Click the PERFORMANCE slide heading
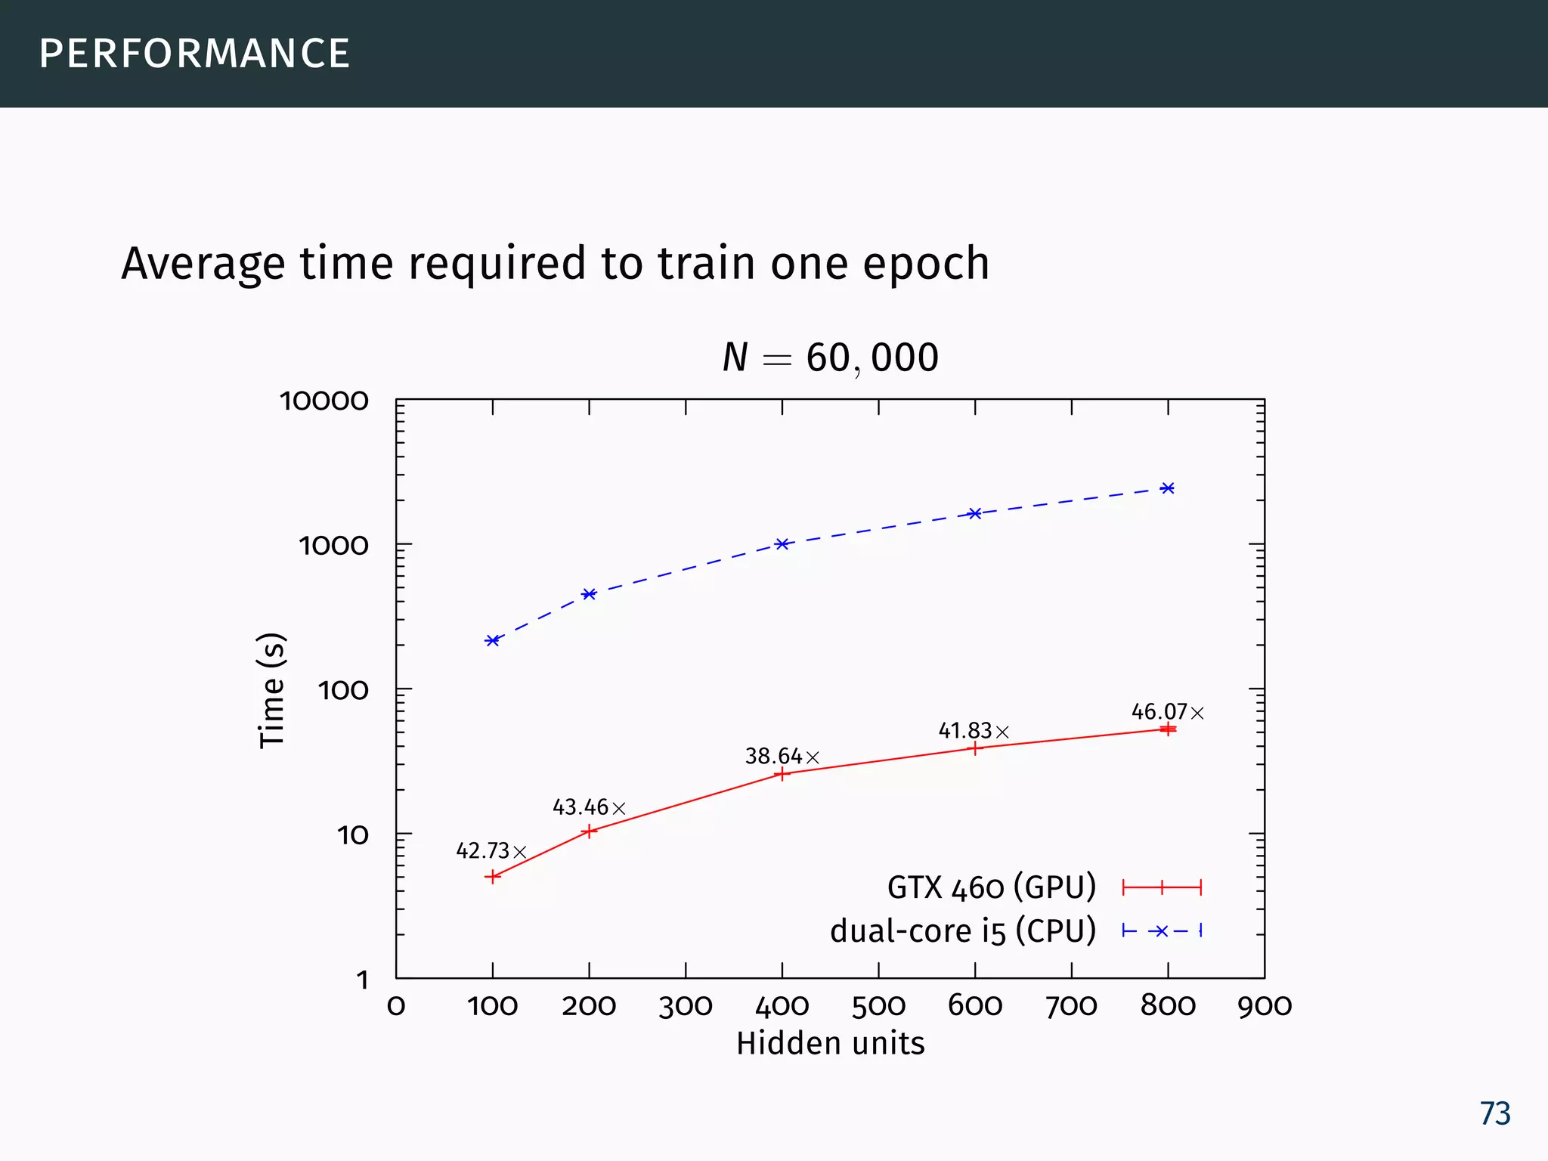pyautogui.click(x=194, y=54)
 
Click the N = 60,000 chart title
pyautogui.click(x=830, y=358)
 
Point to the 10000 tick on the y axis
pyautogui.click(x=324, y=401)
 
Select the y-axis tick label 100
pyautogui.click(x=343, y=691)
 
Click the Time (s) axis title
pyautogui.click(x=272, y=690)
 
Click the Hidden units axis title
pyautogui.click(x=830, y=1044)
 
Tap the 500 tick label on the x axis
pyautogui.click(x=878, y=1006)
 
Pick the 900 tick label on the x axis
pyautogui.click(x=1264, y=1006)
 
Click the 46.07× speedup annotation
pyautogui.click(x=1167, y=712)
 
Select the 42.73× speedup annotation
pyautogui.click(x=491, y=851)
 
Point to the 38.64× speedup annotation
pyautogui.click(x=782, y=757)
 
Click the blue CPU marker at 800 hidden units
pyautogui.click(x=1168, y=488)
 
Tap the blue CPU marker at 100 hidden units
pyautogui.click(x=493, y=641)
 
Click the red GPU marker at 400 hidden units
pyautogui.click(x=782, y=774)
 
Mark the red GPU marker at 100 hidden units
pyautogui.click(x=493, y=877)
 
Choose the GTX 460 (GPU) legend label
pyautogui.click(x=991, y=887)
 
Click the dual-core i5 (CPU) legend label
pyautogui.click(x=962, y=931)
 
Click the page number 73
pyautogui.click(x=1494, y=1114)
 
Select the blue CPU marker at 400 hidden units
pyautogui.click(x=782, y=544)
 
